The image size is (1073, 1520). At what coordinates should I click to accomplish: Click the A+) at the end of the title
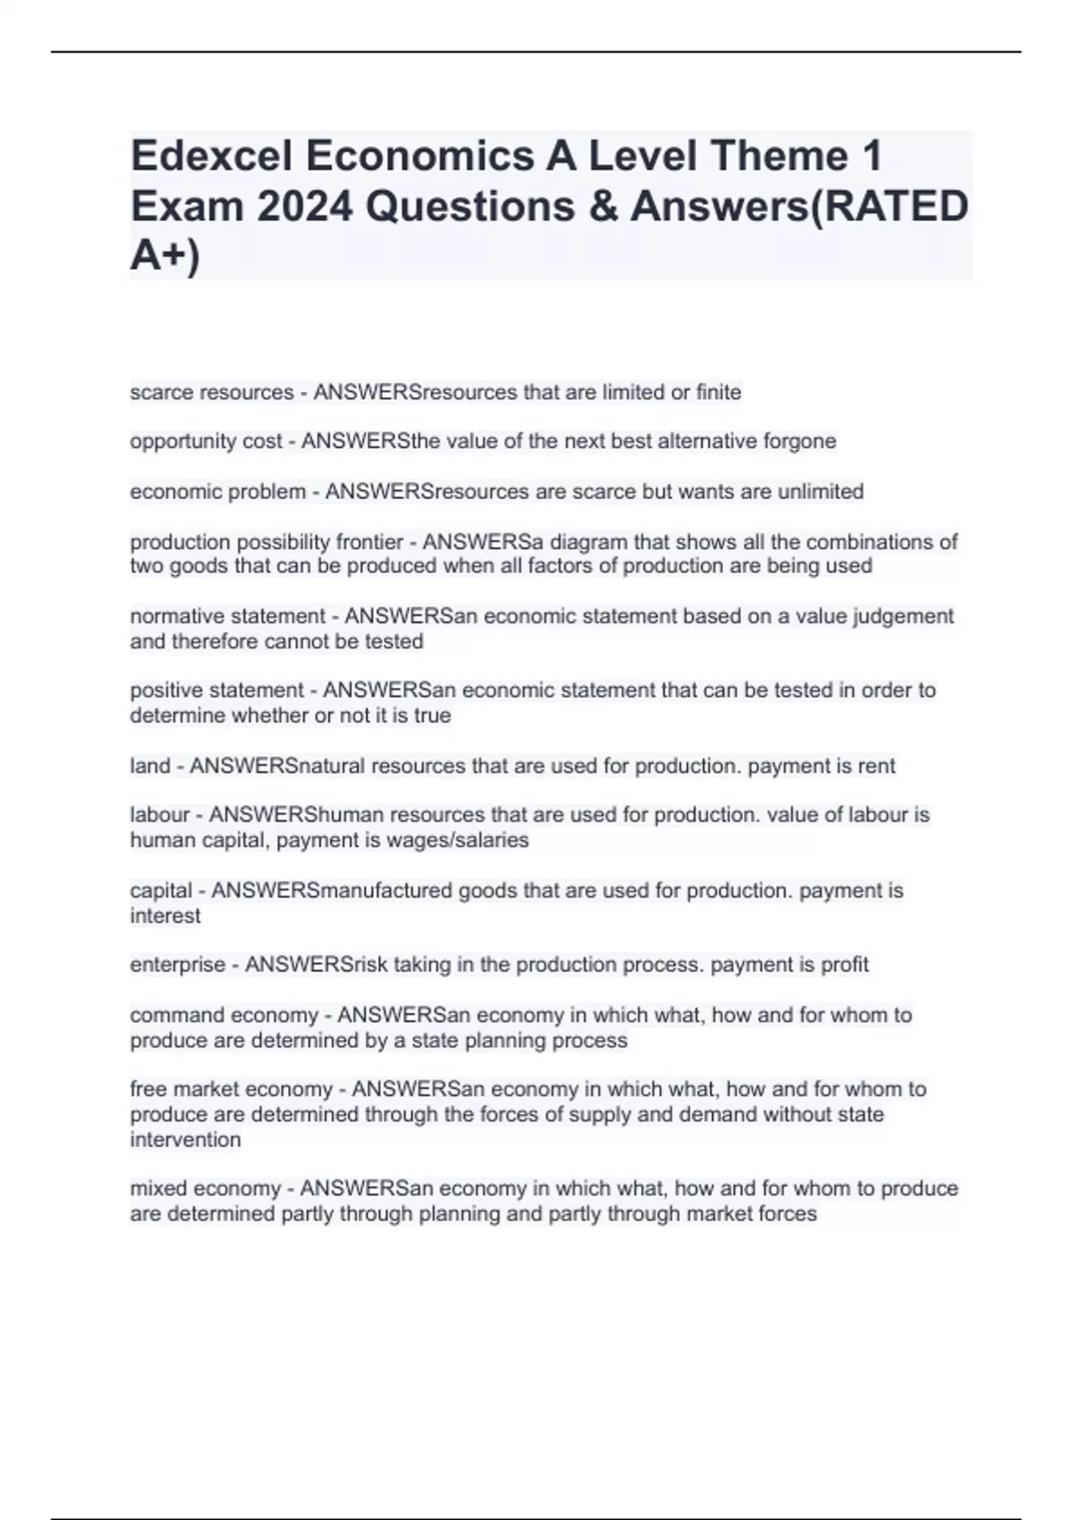(x=165, y=257)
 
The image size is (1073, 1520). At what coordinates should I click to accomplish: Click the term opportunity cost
(x=206, y=442)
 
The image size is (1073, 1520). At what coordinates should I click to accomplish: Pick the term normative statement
(x=228, y=617)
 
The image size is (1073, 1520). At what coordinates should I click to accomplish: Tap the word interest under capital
(x=165, y=916)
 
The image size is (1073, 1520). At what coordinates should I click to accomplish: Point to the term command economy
(x=224, y=1016)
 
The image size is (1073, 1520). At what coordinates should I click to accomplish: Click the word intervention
(x=185, y=1140)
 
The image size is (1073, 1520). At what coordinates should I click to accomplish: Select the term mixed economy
(x=206, y=1189)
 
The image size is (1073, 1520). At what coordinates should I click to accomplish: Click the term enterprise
(x=178, y=965)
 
